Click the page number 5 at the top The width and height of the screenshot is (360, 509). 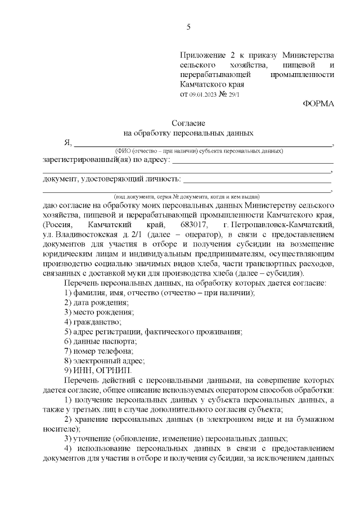[x=188, y=26]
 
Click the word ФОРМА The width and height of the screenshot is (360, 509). [x=318, y=103]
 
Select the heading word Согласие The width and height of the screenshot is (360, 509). [x=188, y=123]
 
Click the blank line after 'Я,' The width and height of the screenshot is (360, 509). [x=202, y=144]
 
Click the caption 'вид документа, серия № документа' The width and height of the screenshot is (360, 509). [x=186, y=197]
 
